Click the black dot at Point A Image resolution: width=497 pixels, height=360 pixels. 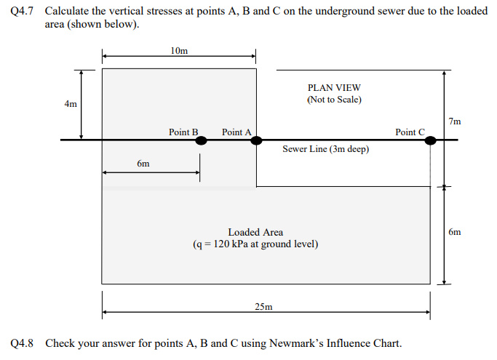click(x=255, y=140)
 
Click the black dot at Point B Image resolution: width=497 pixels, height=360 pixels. click(x=202, y=140)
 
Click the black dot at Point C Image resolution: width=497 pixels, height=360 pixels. click(x=431, y=140)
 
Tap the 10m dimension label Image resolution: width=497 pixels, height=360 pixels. click(x=178, y=51)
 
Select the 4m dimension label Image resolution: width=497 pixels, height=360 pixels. click(x=71, y=104)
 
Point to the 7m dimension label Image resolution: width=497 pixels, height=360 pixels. click(x=455, y=121)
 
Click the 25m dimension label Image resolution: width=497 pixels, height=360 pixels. click(x=263, y=307)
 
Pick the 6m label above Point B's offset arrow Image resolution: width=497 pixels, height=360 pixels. click(x=143, y=164)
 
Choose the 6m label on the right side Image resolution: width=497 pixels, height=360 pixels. click(x=455, y=232)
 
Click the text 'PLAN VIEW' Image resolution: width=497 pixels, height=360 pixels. click(x=334, y=87)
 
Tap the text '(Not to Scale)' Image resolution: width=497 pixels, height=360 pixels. click(x=334, y=99)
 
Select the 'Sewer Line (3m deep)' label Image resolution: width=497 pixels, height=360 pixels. click(x=325, y=149)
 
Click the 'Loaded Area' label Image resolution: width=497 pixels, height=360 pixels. click(x=255, y=232)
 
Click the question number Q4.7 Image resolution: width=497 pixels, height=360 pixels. click(x=23, y=12)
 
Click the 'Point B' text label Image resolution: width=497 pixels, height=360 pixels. click(x=183, y=132)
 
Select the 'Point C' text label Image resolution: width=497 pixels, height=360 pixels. click(x=410, y=132)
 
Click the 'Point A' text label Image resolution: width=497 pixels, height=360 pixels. click(x=236, y=132)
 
